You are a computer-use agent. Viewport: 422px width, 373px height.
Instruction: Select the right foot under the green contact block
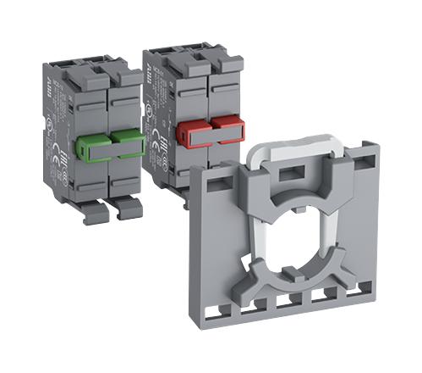pos(128,207)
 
